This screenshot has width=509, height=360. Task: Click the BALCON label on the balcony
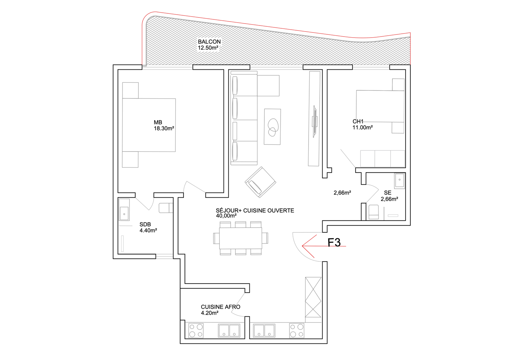point(209,42)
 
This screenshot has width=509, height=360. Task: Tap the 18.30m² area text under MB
point(164,129)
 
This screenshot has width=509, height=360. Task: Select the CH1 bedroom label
point(358,122)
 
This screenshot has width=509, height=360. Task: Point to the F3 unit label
point(334,243)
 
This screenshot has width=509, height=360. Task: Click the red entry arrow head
point(306,246)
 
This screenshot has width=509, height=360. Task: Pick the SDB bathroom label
point(145,224)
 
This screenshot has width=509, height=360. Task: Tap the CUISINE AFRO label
point(220,307)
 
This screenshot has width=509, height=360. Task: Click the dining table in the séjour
point(241,238)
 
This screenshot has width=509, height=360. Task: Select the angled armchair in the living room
point(261,182)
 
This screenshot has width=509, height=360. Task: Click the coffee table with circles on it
point(272,127)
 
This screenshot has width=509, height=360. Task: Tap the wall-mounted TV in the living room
point(315,122)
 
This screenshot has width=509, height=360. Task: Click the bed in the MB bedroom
point(149,125)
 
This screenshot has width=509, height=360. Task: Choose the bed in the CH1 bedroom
point(380,106)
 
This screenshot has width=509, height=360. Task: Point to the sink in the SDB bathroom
point(124,210)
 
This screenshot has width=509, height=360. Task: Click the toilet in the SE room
point(373,212)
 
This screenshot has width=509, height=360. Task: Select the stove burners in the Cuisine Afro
point(196,330)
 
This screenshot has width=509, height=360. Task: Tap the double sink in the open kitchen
point(264,330)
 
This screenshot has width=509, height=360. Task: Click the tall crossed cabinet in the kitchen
point(313,297)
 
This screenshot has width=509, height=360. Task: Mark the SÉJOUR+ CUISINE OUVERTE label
point(255,211)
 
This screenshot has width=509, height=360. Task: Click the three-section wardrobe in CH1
point(383,159)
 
